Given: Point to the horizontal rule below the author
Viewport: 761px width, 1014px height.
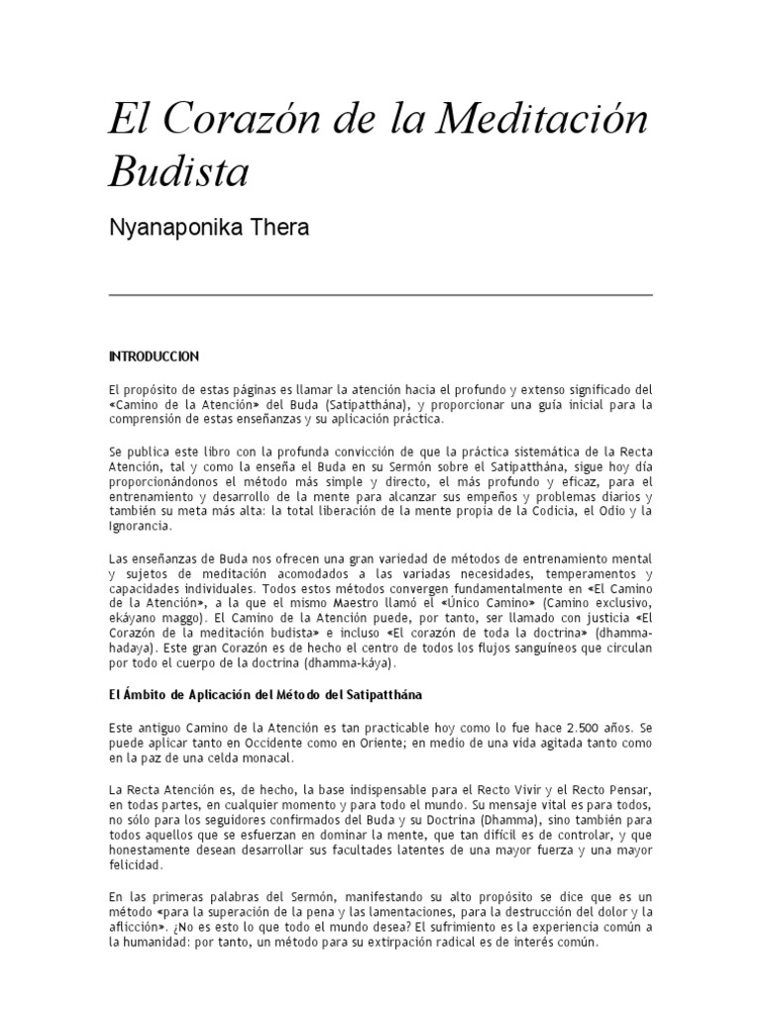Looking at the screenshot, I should [380, 295].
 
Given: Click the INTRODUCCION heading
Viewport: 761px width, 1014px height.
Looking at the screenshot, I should [155, 355].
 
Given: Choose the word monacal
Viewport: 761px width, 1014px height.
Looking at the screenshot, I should [270, 760].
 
